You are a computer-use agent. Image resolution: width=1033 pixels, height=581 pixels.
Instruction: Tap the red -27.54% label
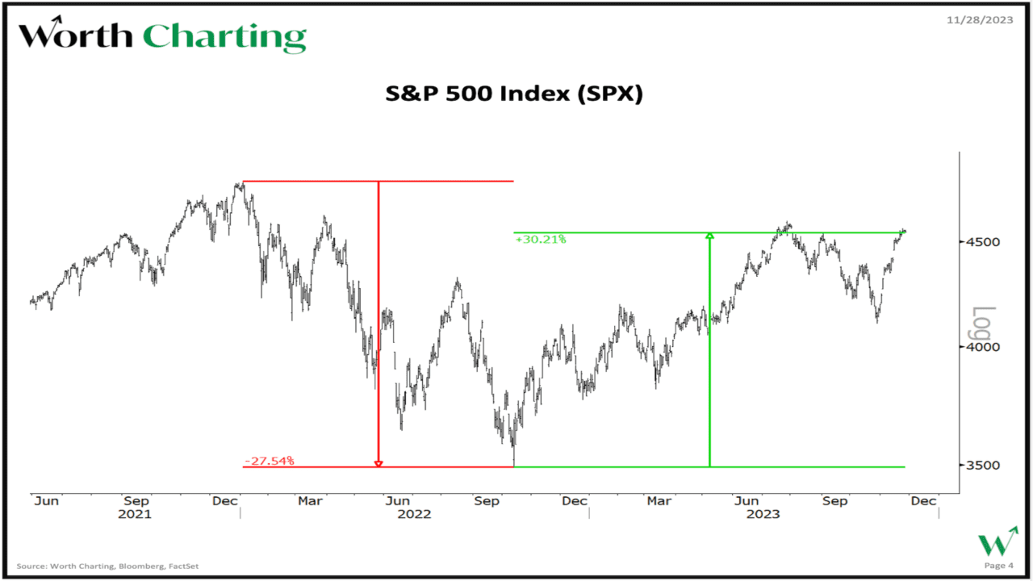270,461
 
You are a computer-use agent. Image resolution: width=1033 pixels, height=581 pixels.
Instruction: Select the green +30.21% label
541,239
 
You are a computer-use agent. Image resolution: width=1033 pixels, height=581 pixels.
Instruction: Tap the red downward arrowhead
378,463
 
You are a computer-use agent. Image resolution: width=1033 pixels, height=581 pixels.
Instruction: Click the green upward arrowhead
709,236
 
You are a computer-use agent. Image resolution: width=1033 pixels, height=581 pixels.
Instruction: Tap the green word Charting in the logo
224,38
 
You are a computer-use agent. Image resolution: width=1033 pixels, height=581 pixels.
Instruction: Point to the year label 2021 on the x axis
135,514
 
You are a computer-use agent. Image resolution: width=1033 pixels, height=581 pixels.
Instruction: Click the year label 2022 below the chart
414,514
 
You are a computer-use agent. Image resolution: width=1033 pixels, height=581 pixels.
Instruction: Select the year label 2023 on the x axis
763,514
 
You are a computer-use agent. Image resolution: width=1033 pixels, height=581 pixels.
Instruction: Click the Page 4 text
995,566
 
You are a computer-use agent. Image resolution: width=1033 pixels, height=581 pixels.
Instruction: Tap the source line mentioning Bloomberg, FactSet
107,566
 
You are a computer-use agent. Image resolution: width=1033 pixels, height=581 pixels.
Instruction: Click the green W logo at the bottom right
997,541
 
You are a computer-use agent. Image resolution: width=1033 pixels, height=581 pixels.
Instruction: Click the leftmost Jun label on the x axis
46,501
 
